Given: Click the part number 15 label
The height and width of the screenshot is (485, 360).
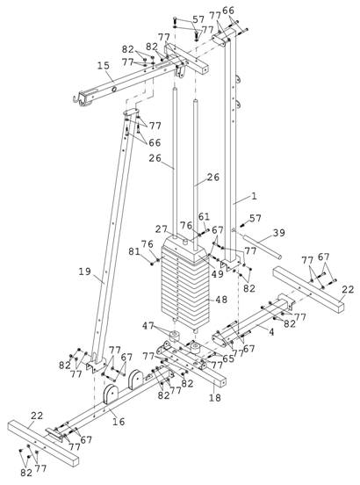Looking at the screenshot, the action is click(104, 66).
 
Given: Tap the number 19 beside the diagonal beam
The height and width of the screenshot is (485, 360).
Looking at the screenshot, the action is click(84, 271).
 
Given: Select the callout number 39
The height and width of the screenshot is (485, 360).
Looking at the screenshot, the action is click(278, 233).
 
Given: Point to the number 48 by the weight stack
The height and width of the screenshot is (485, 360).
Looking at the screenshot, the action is click(221, 300).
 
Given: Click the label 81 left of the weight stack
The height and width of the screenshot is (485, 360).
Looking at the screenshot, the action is click(134, 252).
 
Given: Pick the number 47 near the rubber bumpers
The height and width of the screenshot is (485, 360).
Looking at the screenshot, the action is click(148, 326).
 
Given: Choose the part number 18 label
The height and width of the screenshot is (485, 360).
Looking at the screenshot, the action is click(215, 397).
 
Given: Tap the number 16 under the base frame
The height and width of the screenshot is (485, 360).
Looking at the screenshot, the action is click(119, 421).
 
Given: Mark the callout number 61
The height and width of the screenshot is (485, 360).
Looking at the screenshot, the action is click(204, 216).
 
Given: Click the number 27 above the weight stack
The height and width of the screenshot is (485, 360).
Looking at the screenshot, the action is click(162, 229).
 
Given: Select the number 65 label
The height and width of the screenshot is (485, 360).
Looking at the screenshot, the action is click(228, 358).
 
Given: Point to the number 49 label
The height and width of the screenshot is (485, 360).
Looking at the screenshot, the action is click(217, 273).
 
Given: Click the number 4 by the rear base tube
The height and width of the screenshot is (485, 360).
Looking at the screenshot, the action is click(271, 332).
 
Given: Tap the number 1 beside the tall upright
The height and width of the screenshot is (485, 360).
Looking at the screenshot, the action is click(254, 196).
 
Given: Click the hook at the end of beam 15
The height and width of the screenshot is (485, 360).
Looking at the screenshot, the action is click(76, 99).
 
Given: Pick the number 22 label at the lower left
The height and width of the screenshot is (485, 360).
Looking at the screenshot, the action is click(37, 416).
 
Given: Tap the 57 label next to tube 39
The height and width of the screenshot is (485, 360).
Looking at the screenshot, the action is click(256, 218).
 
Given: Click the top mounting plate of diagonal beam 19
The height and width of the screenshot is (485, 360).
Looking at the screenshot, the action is click(132, 112).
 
